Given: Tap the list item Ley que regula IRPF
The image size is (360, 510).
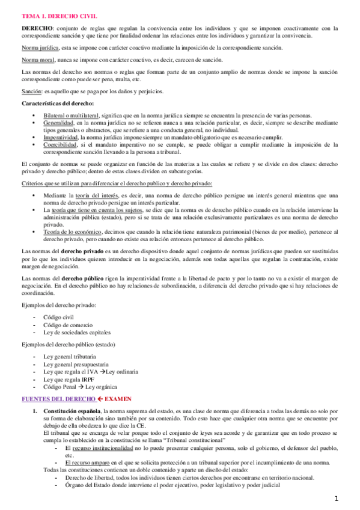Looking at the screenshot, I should (67, 379).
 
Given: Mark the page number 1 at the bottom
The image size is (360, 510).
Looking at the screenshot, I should (337, 499).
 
